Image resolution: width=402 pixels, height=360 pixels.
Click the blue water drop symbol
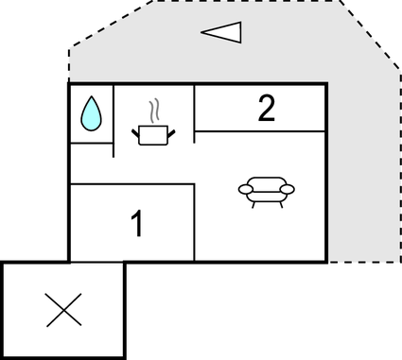[91, 113]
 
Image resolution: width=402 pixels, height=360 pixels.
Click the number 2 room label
[267, 110]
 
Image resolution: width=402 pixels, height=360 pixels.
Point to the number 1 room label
[138, 225]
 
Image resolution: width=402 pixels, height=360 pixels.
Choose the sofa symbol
[266, 190]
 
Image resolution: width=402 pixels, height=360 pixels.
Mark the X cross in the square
[63, 310]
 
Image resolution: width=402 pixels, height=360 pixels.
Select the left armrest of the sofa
[246, 190]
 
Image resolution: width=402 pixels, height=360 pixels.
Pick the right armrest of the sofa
[287, 190]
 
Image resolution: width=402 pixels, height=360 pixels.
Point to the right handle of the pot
[171, 129]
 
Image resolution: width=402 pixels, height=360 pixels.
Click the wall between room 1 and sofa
[195, 223]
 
